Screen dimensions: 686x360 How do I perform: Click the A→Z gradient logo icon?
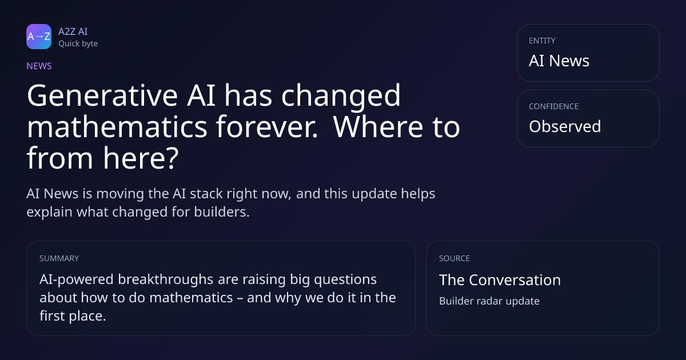click(x=39, y=37)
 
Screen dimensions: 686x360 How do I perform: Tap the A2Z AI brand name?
click(x=73, y=31)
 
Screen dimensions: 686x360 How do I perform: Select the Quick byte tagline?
click(x=78, y=44)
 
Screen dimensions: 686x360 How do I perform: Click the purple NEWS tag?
click(x=39, y=66)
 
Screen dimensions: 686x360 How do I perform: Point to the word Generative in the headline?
click(x=102, y=96)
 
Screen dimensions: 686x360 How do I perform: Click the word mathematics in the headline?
click(x=117, y=127)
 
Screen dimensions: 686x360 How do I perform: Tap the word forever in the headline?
click(x=267, y=127)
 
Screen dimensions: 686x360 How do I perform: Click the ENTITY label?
click(x=542, y=41)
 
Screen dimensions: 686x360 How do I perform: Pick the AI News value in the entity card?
click(x=559, y=61)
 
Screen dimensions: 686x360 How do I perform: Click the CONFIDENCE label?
click(x=554, y=106)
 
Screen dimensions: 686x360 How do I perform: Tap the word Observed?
click(x=565, y=126)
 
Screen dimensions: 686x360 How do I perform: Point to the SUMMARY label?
click(x=59, y=258)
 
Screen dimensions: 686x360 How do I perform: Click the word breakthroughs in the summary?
click(x=165, y=279)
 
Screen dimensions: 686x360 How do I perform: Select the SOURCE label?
click(x=454, y=258)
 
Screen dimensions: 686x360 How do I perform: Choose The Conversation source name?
click(x=500, y=280)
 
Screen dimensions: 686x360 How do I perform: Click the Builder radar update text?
click(x=489, y=301)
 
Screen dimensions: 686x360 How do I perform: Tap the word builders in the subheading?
click(x=222, y=212)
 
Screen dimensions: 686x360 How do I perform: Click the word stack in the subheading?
click(x=204, y=194)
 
